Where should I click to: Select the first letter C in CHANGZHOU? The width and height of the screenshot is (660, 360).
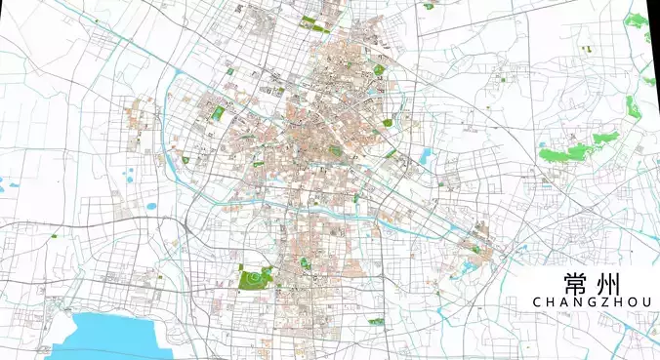538,303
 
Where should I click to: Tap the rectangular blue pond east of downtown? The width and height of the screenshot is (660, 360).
426,155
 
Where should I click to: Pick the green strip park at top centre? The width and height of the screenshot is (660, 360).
309,20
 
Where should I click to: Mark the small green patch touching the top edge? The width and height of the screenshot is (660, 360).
429,6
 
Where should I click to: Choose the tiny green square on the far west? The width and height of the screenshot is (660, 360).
55,235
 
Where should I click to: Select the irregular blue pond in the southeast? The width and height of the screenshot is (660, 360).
467,263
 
